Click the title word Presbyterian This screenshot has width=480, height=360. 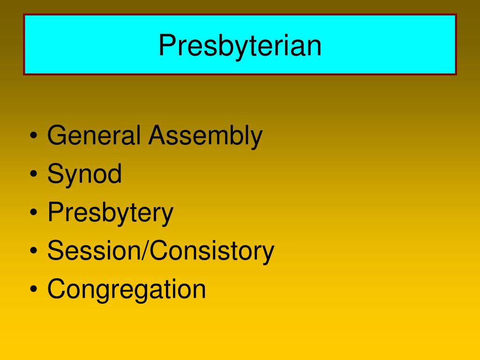[240, 45]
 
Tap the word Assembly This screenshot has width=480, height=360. [205, 136]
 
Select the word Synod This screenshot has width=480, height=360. [84, 174]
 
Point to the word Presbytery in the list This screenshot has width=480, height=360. [110, 213]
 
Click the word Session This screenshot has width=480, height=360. [97, 251]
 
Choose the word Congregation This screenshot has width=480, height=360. [127, 289]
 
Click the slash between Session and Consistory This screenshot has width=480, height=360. [148, 251]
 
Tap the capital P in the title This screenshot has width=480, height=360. [165, 45]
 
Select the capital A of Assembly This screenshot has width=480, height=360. [157, 136]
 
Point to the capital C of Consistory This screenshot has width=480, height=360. [160, 251]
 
